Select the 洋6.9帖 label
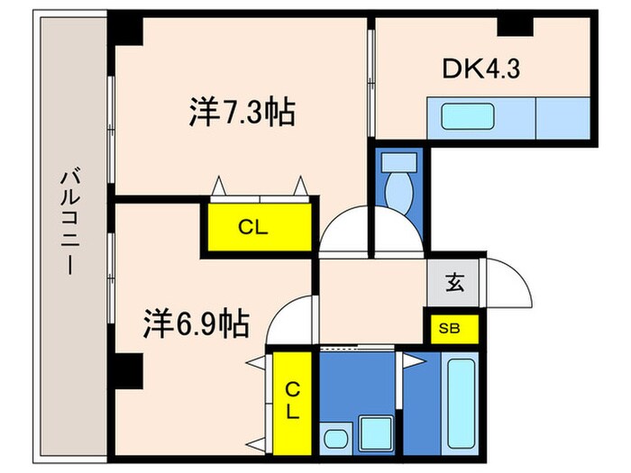(196, 322)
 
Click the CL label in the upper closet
(253, 228)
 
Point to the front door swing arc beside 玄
(505, 285)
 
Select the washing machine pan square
(374, 430)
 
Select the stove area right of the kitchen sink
(562, 118)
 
